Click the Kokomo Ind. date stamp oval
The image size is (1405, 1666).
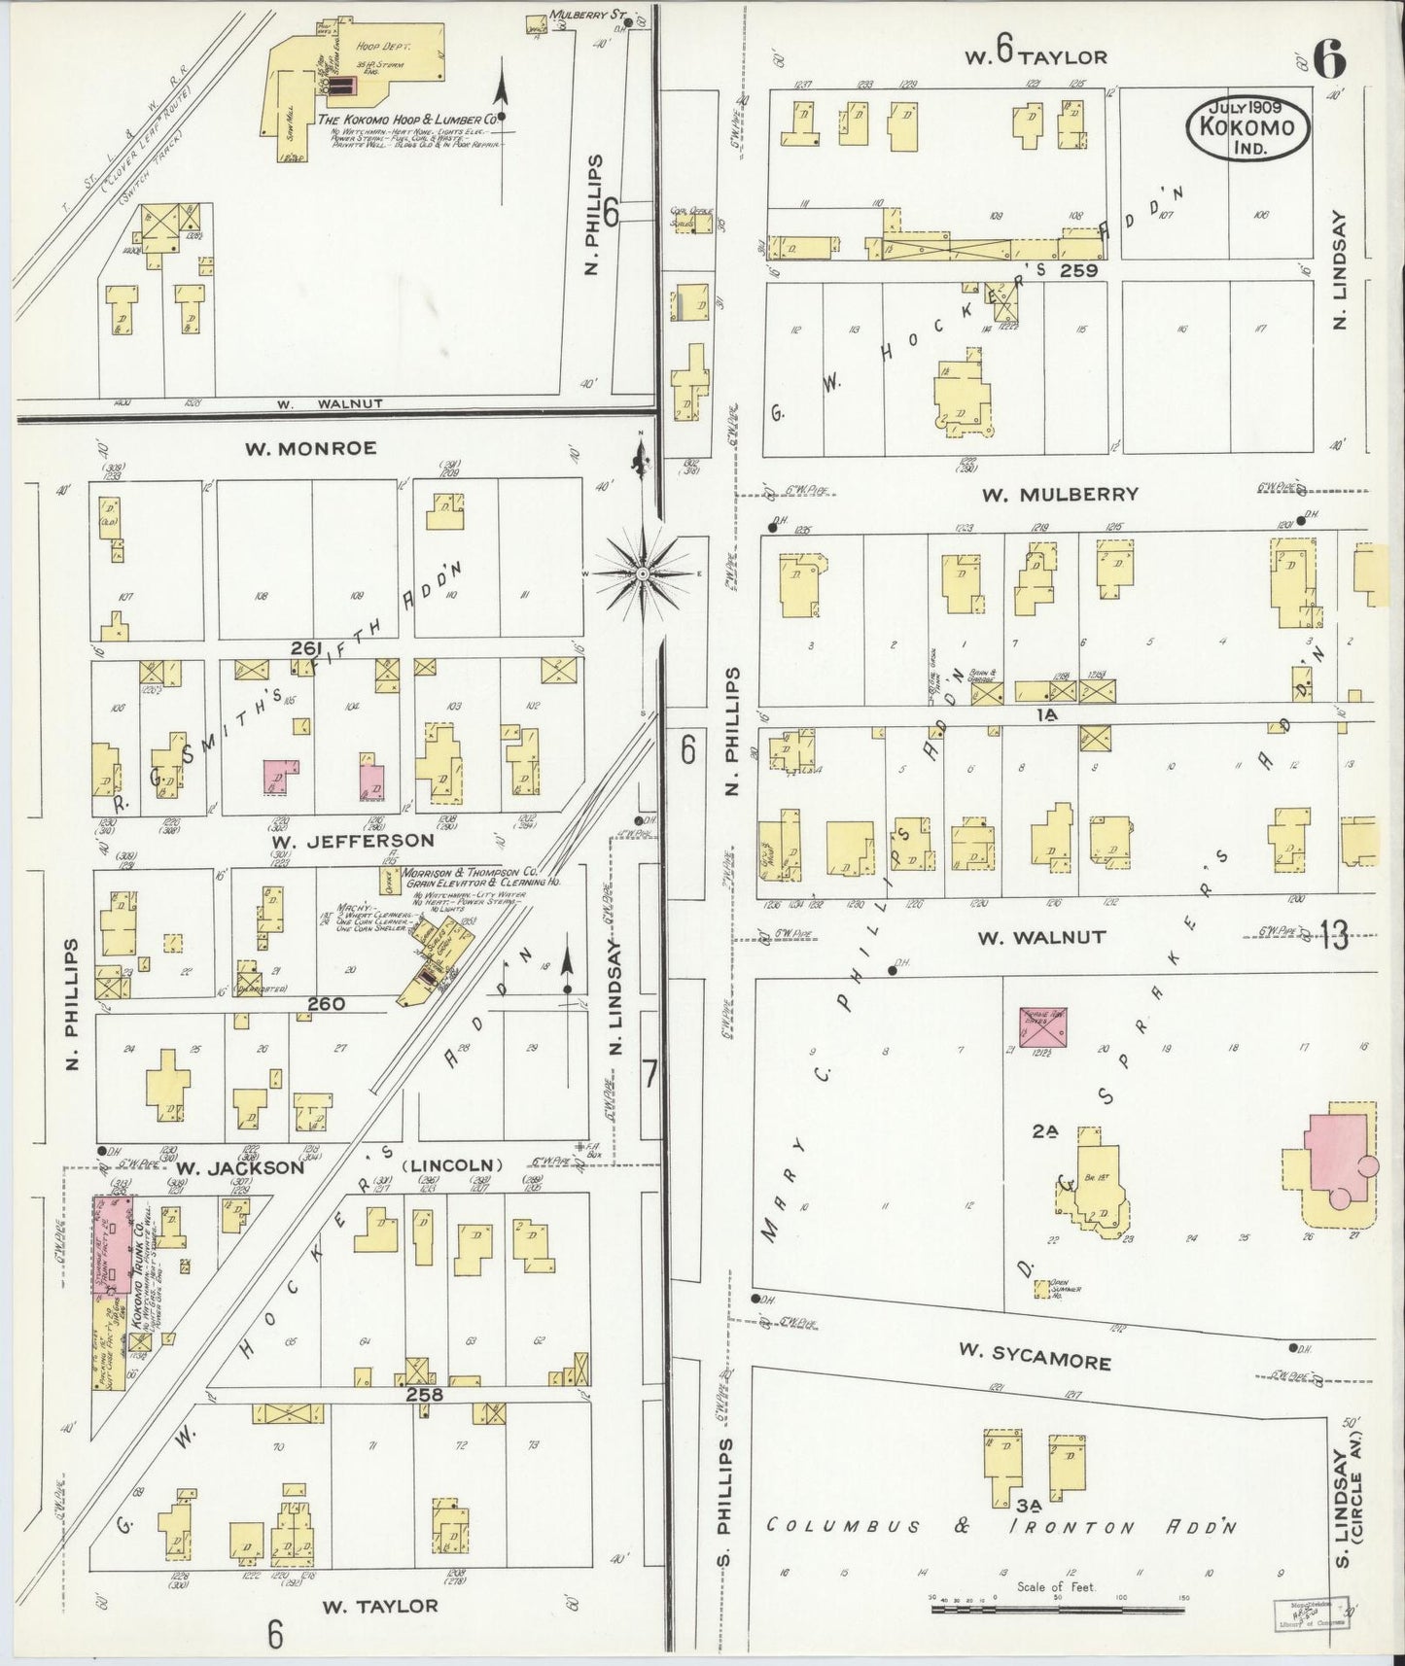coord(1247,128)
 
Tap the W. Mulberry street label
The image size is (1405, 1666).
coord(1059,494)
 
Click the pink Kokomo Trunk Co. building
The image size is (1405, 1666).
coord(113,1244)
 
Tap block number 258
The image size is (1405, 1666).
coord(425,1394)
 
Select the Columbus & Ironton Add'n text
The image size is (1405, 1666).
coord(1001,1526)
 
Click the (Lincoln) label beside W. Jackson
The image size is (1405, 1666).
coord(453,1164)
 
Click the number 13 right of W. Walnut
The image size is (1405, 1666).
coord(1334,937)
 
